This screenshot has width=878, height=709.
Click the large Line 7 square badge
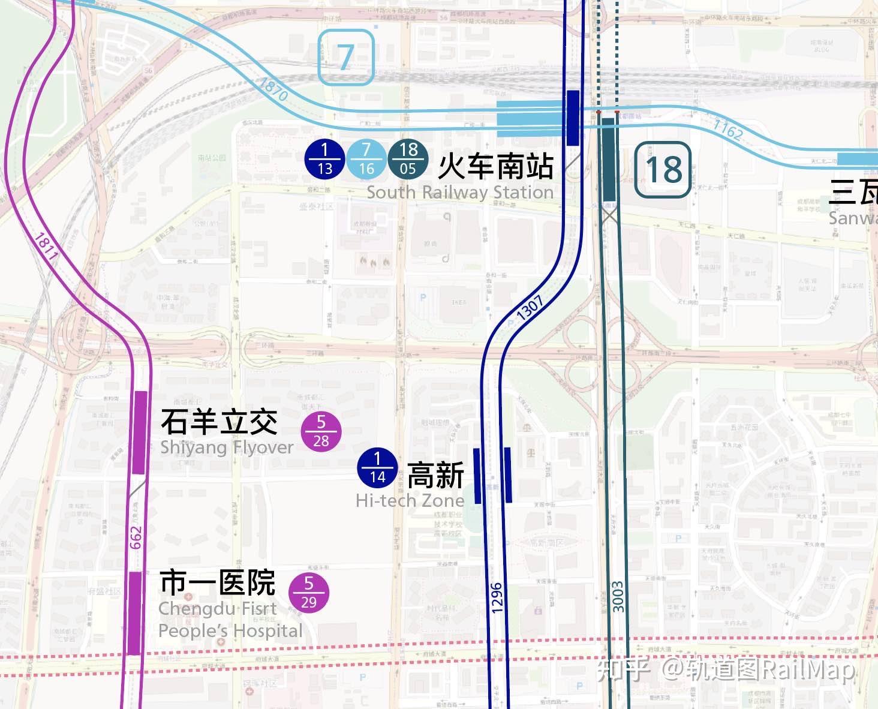(345, 57)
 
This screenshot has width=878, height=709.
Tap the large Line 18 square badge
(663, 169)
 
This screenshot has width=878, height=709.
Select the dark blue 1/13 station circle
(324, 160)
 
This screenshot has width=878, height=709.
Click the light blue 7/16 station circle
(366, 160)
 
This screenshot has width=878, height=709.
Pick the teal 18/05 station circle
(408, 160)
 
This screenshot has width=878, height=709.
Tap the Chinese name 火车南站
(495, 166)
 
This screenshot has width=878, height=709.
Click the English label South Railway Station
(460, 193)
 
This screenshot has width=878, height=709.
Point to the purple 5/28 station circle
(321, 431)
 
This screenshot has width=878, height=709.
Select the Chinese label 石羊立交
(219, 422)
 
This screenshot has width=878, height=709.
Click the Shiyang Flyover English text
(227, 447)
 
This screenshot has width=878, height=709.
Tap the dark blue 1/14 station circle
(377, 467)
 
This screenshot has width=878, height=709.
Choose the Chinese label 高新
(435, 475)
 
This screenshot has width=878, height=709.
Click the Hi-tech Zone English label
(410, 500)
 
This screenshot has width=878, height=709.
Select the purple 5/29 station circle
(309, 592)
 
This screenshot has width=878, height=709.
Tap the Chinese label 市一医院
(217, 582)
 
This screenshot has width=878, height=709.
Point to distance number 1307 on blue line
(530, 308)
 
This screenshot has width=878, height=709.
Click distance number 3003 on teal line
(618, 596)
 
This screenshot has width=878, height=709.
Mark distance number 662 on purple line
(136, 537)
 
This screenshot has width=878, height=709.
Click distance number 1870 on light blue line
(273, 89)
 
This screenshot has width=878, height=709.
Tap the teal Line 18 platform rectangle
(609, 160)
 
